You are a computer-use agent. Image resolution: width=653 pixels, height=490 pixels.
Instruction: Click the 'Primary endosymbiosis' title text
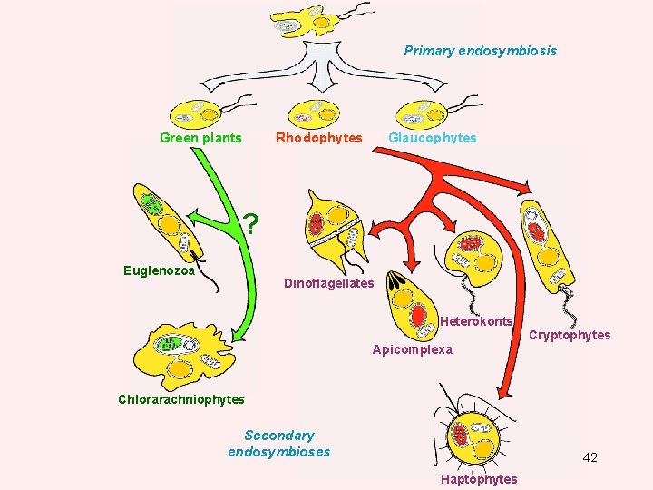[480, 51]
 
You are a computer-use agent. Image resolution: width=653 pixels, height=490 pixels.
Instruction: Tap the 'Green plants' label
[200, 138]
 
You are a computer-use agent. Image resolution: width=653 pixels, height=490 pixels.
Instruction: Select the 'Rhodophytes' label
[318, 138]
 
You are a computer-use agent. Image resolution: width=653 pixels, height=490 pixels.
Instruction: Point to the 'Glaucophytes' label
[432, 138]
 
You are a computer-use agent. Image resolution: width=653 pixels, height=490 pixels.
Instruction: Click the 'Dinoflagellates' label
[328, 284]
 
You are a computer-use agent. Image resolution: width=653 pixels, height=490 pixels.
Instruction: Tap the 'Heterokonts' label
[476, 321]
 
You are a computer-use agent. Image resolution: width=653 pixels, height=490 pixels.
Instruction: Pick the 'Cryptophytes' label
[570, 335]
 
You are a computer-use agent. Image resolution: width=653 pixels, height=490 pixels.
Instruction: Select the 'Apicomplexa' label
[412, 349]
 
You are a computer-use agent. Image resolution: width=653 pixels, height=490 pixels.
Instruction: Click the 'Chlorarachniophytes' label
[181, 399]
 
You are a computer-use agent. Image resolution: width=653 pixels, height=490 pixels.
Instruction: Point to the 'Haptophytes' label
[479, 479]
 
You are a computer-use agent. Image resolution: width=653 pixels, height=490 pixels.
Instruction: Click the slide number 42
[590, 457]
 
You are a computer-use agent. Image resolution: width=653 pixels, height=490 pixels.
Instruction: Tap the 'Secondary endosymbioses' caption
[279, 444]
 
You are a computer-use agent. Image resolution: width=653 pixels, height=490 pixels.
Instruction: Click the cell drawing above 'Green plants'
[198, 112]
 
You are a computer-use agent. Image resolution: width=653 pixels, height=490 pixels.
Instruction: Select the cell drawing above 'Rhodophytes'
[314, 111]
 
